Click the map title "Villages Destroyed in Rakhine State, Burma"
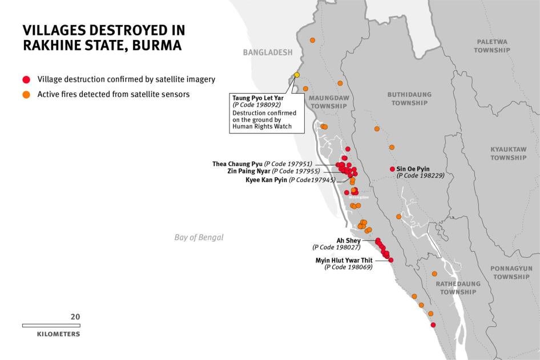(103, 38)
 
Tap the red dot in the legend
(26, 79)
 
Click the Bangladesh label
(267, 52)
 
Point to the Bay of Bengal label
(199, 237)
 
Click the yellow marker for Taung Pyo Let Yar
(297, 75)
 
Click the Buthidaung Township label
(409, 99)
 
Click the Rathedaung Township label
(458, 288)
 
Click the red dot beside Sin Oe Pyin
(392, 169)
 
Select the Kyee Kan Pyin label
(267, 180)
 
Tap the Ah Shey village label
(348, 241)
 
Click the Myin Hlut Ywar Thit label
(344, 260)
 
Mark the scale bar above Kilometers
(51, 325)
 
